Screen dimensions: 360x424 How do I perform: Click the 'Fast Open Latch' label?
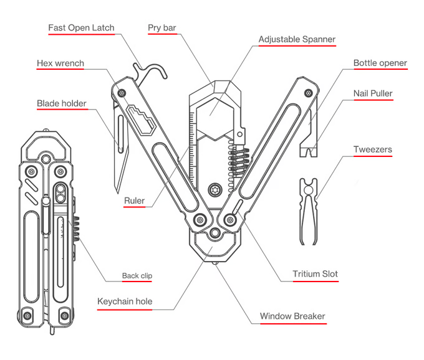click(81, 29)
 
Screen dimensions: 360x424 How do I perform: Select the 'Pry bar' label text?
click(162, 28)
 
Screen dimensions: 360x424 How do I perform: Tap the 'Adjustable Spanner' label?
click(297, 39)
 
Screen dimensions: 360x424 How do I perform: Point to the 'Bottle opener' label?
click(380, 63)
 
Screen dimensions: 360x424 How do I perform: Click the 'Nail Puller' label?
click(373, 94)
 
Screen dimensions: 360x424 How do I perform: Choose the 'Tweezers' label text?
click(372, 149)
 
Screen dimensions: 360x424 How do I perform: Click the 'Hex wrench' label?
click(60, 64)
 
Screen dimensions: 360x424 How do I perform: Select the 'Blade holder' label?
click(61, 103)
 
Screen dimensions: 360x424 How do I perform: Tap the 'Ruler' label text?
click(134, 201)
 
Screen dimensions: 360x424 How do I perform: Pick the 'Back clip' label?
click(137, 276)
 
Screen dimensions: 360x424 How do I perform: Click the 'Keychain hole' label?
click(125, 302)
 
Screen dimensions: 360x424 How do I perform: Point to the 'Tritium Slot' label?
click(315, 274)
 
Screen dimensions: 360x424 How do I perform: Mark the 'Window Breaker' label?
click(292, 316)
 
